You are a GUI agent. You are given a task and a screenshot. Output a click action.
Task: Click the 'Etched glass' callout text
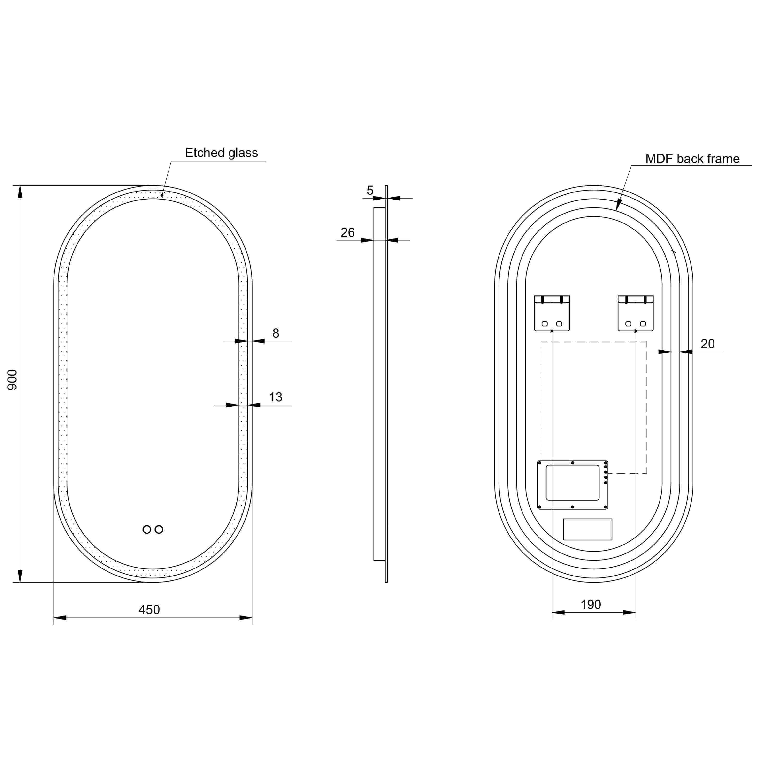pos(221,153)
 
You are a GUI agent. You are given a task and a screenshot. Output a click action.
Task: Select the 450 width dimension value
pos(149,609)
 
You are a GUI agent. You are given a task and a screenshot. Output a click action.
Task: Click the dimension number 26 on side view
pos(347,232)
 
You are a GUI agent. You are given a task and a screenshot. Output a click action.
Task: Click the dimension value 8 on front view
pos(276,333)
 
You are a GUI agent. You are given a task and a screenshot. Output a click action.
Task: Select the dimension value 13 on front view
pos(276,397)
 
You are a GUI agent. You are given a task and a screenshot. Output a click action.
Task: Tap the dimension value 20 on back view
pos(707,344)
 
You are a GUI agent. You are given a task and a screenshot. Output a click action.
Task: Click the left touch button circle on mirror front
pos(147,530)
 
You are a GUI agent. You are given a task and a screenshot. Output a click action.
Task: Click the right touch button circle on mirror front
pos(159,530)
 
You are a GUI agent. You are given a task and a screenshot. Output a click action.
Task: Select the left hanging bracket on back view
pos(552,313)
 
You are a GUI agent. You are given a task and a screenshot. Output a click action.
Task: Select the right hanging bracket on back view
pos(635,313)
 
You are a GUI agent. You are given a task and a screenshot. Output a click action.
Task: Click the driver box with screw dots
pos(572,485)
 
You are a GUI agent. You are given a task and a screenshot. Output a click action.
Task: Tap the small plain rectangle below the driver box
pos(588,530)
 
